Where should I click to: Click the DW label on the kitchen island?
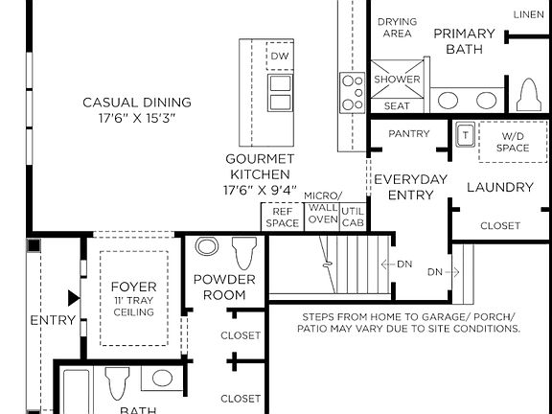(280, 56)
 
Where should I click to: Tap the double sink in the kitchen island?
(280, 93)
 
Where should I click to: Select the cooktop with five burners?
(352, 93)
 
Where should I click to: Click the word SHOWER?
(397, 80)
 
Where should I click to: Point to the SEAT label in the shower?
(397, 106)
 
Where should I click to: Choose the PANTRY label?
(409, 134)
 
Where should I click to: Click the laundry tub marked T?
(466, 134)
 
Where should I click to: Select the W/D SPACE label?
(513, 142)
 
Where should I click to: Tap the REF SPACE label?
(283, 218)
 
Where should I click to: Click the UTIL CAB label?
(353, 217)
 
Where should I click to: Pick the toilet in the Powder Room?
(244, 253)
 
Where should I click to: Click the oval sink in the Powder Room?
(207, 246)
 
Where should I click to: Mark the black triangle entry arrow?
(74, 298)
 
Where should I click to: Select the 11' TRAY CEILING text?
(134, 307)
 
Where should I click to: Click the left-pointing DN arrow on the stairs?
(387, 264)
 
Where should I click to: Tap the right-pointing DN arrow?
(452, 272)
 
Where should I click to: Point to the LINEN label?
(528, 14)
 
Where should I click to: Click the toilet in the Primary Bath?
(529, 94)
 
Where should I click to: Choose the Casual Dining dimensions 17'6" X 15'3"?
(137, 118)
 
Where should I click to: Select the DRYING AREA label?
(397, 28)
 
